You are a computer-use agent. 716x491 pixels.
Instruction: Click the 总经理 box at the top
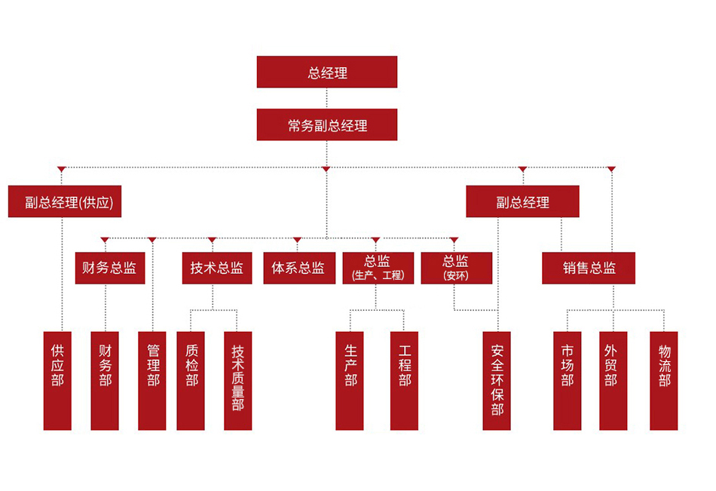[x=326, y=72]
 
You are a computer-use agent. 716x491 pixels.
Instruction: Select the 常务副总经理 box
[x=326, y=125]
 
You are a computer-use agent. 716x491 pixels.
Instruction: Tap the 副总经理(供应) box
[x=65, y=202]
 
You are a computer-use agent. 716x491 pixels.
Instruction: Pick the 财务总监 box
[x=110, y=268]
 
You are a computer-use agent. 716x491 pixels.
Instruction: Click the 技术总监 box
[x=217, y=268]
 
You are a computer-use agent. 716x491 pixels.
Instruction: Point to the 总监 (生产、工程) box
[x=378, y=268]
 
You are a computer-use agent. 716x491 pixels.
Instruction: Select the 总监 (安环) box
[x=456, y=268]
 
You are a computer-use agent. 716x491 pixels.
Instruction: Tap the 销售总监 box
[x=589, y=268]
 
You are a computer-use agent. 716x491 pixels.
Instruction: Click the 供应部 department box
[x=57, y=380]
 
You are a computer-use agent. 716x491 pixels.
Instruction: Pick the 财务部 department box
[x=105, y=380]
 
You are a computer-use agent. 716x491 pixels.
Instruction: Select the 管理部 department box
[x=152, y=380]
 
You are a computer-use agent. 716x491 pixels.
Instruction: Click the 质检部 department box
[x=191, y=380]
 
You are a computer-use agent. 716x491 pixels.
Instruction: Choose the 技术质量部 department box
[x=238, y=380]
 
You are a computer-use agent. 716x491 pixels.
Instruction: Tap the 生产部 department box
[x=350, y=380]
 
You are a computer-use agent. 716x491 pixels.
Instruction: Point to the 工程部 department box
[x=404, y=380]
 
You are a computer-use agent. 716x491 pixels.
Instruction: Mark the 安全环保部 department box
[x=497, y=380]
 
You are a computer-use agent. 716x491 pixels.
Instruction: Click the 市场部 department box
[x=568, y=380]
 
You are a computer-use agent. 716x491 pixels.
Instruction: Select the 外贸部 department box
[x=613, y=380]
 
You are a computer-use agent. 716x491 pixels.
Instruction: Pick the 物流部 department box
[x=664, y=380]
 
